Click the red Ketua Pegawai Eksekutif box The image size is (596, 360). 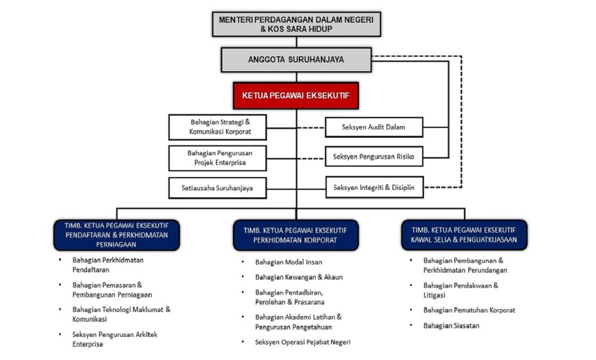click(296, 95)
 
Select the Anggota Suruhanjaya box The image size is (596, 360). click(296, 60)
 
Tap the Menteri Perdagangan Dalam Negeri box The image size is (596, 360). click(297, 24)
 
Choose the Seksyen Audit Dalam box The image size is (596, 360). click(374, 127)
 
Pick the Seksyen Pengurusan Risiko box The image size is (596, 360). click(374, 156)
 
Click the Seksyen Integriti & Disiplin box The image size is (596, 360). click(374, 187)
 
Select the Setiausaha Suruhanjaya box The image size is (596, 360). click(217, 188)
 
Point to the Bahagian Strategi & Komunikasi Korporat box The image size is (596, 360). click(217, 127)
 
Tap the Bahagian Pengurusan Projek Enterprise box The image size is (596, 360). click(217, 158)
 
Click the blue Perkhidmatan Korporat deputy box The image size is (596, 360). click(296, 235)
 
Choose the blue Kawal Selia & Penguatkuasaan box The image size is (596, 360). click(464, 235)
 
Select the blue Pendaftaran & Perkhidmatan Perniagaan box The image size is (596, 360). click(116, 235)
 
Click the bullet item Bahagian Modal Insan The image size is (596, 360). click(288, 262)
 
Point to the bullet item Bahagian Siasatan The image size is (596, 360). click(451, 325)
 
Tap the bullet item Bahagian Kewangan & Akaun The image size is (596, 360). click(299, 277)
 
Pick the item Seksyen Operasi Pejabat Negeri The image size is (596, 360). click(302, 342)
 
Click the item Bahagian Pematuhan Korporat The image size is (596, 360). click(469, 310)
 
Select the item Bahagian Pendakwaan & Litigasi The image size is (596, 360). click(460, 290)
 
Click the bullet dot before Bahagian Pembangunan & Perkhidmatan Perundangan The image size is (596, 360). click(411, 260)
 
